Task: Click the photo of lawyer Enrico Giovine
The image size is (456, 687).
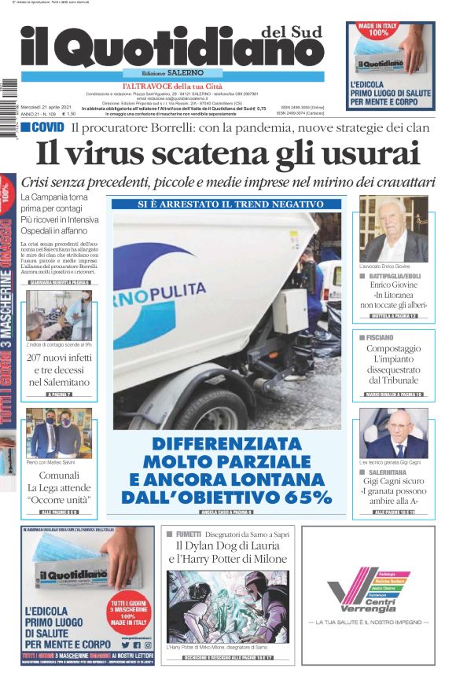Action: (x=393, y=229)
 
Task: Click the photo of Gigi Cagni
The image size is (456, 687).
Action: (x=393, y=433)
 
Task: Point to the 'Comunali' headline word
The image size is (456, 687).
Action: (x=59, y=476)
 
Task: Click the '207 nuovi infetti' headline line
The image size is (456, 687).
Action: (x=60, y=358)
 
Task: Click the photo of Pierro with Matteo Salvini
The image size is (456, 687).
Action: (x=59, y=433)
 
